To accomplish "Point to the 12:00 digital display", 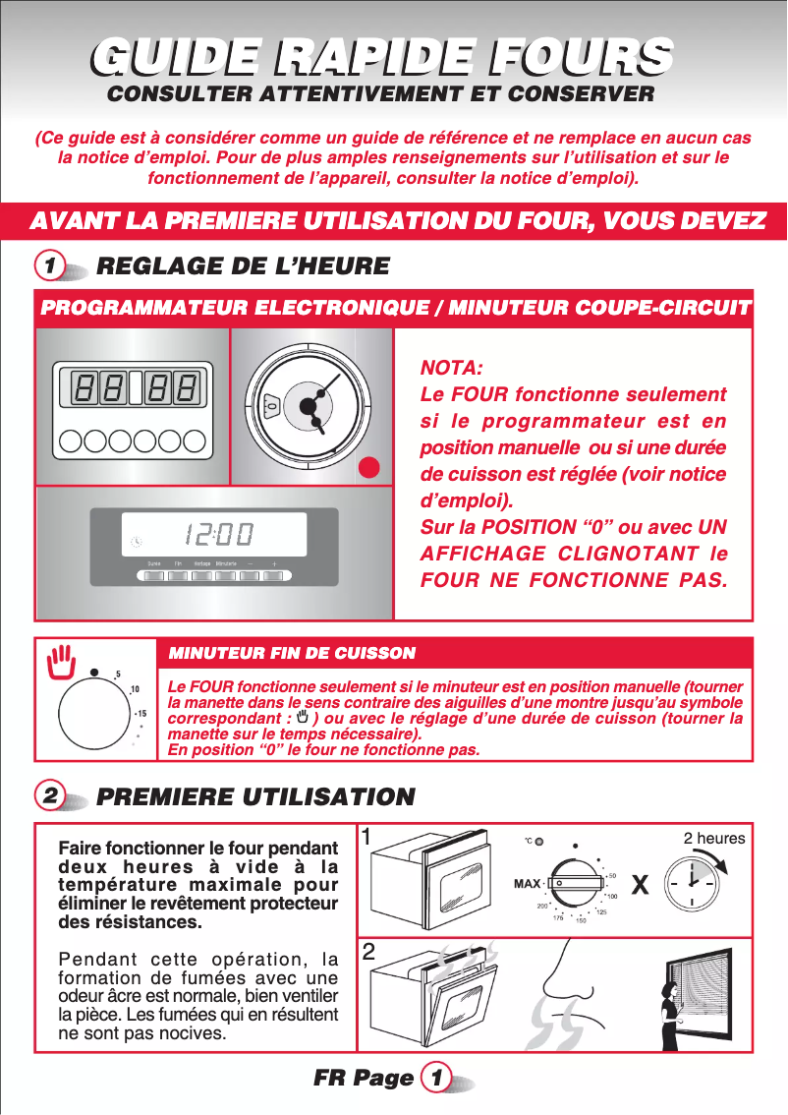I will (x=216, y=536).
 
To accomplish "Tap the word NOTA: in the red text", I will (x=451, y=369).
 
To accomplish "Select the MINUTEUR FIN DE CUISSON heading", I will (x=293, y=653).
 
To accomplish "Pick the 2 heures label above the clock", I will (x=714, y=838).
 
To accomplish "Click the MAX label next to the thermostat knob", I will (x=529, y=883).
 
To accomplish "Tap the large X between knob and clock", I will (x=640, y=885).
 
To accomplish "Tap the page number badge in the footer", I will (x=434, y=1078).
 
